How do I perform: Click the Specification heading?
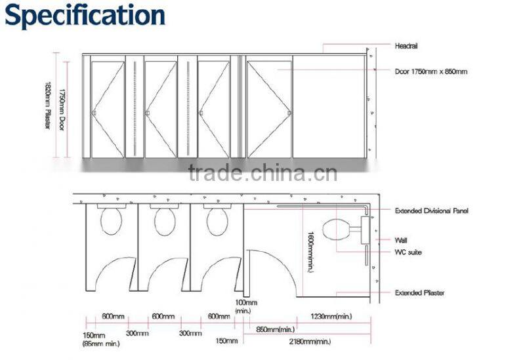[x=85, y=16]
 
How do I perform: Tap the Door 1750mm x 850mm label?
[x=431, y=71]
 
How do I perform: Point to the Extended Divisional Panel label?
[x=432, y=211]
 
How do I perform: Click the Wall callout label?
[x=401, y=240]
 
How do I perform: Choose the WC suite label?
[x=408, y=252]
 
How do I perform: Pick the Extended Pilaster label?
[x=419, y=292]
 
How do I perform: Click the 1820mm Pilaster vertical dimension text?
[x=47, y=105]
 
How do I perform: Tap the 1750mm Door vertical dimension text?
[x=62, y=105]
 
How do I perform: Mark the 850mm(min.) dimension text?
[x=275, y=329]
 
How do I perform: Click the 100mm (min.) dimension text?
[x=247, y=307]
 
